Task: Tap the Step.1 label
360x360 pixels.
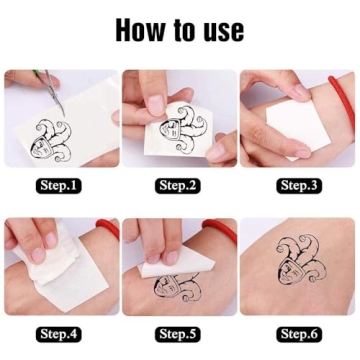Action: (x=60, y=185)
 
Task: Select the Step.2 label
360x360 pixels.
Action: (x=180, y=185)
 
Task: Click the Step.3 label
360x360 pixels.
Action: (x=298, y=185)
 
